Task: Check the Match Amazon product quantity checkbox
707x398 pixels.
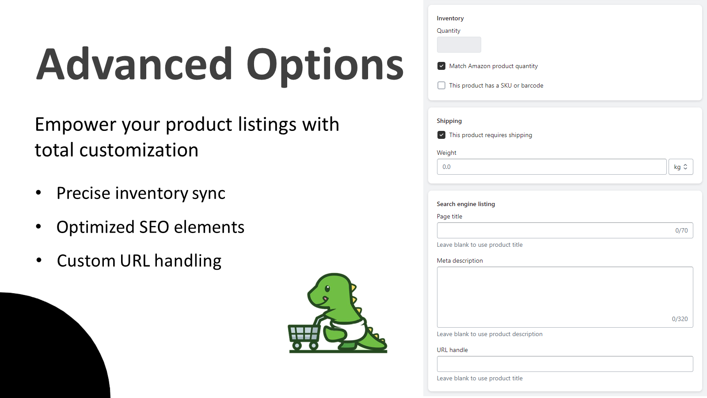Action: coord(441,66)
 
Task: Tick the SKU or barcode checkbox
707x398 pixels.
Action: coord(441,85)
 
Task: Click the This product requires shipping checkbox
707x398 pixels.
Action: coord(441,135)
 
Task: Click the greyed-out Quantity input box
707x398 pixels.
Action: coord(459,45)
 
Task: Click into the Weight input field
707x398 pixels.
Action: coord(551,167)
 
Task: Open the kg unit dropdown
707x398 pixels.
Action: coord(680,167)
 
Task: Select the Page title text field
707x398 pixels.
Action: coord(552,230)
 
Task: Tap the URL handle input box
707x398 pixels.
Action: coord(565,364)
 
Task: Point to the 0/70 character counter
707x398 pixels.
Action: coord(681,230)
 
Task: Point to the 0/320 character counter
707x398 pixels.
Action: coord(680,319)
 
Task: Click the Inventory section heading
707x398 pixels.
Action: coord(450,18)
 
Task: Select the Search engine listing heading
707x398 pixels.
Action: coord(466,204)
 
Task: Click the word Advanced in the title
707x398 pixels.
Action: coord(134,65)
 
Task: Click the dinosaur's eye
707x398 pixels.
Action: coord(327,288)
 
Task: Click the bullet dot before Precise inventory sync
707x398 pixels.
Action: coord(39,192)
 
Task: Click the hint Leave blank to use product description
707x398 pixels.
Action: coord(490,334)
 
